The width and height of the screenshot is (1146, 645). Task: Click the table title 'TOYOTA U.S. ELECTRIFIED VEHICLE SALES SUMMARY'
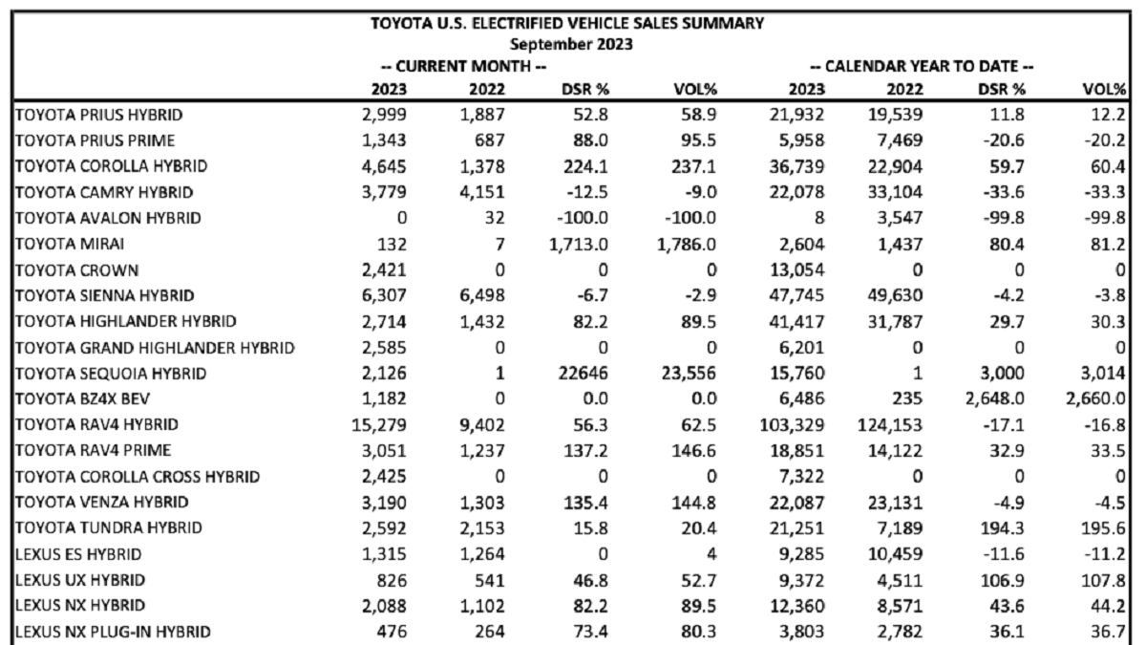[567, 24]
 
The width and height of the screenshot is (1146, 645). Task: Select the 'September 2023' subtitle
[571, 45]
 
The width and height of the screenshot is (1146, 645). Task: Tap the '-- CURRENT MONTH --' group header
[463, 67]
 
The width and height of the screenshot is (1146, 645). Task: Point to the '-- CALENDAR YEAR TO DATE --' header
[922, 67]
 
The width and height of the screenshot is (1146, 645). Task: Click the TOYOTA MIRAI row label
[70, 244]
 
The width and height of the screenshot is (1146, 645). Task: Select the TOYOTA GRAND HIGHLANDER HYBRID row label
[155, 348]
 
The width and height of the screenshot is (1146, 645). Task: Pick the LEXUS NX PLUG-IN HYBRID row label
[113, 632]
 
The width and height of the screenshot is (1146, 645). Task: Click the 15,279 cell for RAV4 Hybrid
[379, 425]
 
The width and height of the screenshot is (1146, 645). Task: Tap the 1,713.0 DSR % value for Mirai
[579, 245]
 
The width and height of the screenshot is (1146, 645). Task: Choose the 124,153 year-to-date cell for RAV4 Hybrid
[891, 425]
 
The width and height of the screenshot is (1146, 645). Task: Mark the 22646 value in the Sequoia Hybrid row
[584, 374]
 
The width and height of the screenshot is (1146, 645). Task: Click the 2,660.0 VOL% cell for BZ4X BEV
[1096, 398]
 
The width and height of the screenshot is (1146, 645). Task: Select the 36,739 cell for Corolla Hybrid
[797, 166]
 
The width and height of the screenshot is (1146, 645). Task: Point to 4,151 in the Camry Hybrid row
[482, 192]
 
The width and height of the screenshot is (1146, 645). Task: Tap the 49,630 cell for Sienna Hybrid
[896, 295]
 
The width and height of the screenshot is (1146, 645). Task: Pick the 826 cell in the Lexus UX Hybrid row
[392, 580]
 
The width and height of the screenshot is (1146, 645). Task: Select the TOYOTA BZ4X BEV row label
[82, 398]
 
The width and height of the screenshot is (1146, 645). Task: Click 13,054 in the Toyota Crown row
[797, 269]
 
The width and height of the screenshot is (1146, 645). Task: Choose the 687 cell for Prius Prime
[490, 140]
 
